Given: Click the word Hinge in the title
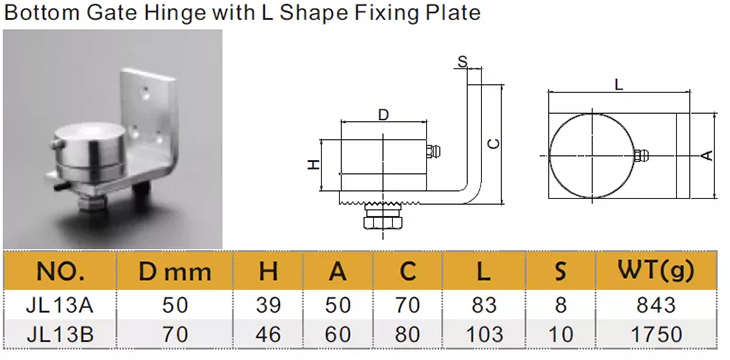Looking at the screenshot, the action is pyautogui.click(x=174, y=12).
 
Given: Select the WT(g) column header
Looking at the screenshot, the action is pyautogui.click(x=656, y=271).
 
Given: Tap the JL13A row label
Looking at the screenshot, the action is pyautogui.click(x=61, y=306).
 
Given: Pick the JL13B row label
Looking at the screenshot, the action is pyautogui.click(x=61, y=334).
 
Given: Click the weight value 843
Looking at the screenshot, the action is pyautogui.click(x=656, y=306).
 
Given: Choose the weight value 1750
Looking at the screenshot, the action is pyautogui.click(x=656, y=334).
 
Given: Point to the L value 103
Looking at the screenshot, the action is pyautogui.click(x=484, y=334).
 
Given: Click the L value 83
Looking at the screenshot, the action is pyautogui.click(x=484, y=306).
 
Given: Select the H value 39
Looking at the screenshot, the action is pyautogui.click(x=268, y=306).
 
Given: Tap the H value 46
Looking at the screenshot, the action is pyautogui.click(x=268, y=334).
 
